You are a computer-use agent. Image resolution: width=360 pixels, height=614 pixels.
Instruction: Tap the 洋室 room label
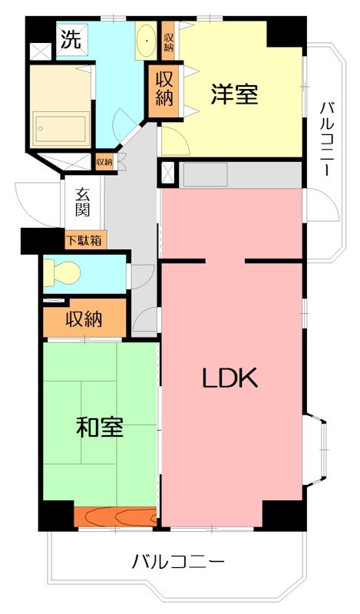pos(235,94)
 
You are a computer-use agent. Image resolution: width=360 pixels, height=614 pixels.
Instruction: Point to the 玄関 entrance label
pos(84,201)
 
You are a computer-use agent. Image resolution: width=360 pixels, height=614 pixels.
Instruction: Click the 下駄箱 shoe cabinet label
pos(86,240)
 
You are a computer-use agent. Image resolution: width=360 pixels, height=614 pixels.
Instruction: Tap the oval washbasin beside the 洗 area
pos(145,38)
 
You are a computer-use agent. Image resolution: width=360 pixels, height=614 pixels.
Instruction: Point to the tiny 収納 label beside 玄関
pos(104,162)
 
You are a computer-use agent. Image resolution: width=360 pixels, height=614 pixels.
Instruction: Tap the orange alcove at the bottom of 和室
pos(116,517)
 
